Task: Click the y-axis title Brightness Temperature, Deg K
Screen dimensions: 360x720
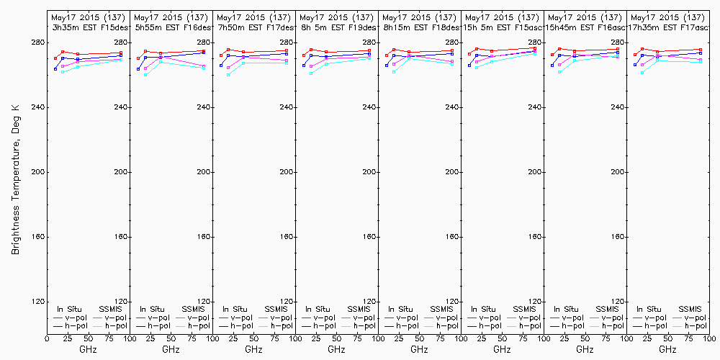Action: (14, 180)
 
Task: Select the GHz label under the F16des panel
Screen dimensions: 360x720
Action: (171, 349)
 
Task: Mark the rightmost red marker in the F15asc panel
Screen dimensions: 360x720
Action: (535, 49)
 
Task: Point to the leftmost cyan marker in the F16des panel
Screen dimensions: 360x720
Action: (145, 75)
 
